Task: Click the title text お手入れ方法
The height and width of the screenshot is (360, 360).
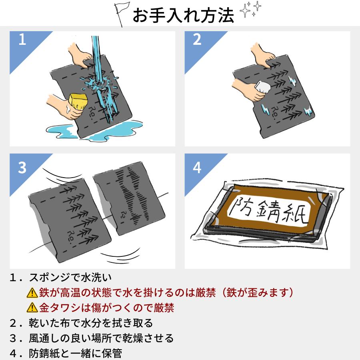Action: pos(184,15)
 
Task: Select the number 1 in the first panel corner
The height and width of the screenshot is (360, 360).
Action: pos(22,40)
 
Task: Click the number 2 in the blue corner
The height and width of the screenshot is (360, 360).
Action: pos(196,40)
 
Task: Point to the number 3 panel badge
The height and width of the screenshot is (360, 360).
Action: pos(22,168)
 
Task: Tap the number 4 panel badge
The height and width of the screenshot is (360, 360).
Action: pos(196,168)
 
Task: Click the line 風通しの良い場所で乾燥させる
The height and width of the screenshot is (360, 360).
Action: pos(101,338)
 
